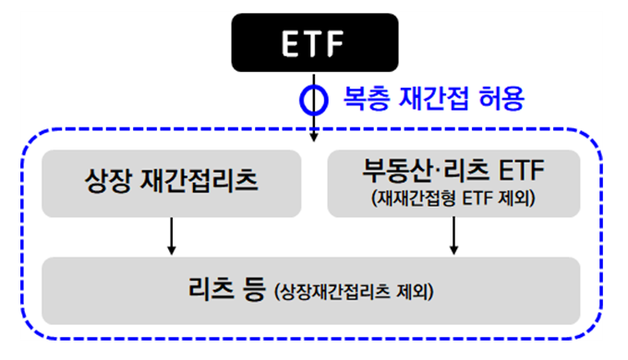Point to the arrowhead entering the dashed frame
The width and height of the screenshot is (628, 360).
pos(314,136)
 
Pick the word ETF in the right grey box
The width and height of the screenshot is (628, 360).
pos(523,172)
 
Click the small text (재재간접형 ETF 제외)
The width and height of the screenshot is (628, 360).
pos(453,197)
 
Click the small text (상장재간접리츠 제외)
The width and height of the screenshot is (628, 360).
pos(355,294)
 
